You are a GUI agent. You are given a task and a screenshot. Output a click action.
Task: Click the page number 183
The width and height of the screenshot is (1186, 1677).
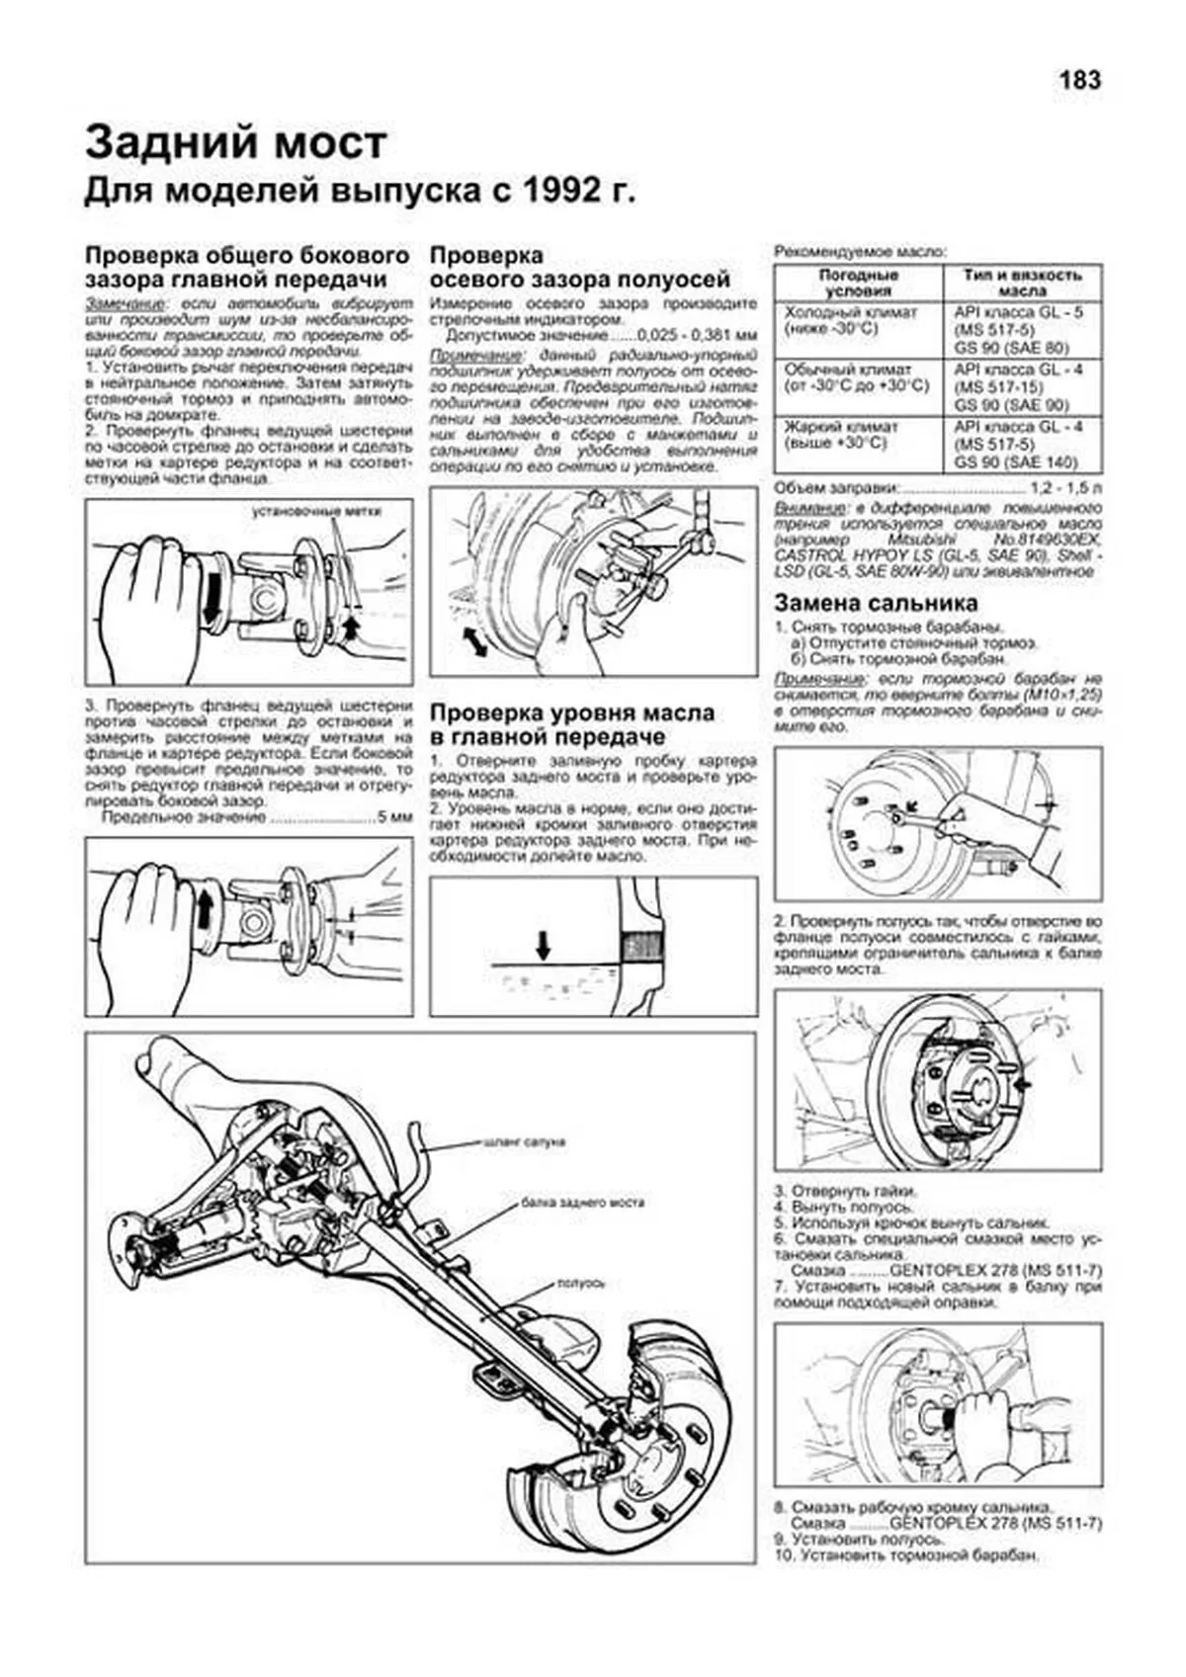click(x=1079, y=80)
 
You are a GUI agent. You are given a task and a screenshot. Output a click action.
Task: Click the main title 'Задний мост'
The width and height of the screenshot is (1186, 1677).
click(x=235, y=143)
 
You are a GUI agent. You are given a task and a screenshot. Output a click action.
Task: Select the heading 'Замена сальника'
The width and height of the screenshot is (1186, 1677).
click(x=876, y=603)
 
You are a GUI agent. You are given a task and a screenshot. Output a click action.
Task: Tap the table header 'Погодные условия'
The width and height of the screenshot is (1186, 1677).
click(x=858, y=283)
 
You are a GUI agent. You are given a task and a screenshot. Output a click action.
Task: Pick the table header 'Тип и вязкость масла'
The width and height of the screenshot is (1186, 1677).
click(x=1022, y=283)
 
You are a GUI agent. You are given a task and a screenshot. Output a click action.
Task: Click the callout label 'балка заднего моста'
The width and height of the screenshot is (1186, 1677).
click(x=583, y=1203)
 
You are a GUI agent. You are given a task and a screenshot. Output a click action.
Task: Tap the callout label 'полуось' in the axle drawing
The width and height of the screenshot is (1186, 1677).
click(x=581, y=1283)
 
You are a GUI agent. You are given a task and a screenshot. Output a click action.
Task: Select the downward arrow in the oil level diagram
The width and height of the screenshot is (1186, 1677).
click(x=543, y=945)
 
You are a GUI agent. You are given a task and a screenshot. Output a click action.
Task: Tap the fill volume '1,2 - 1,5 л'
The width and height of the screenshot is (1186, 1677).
click(x=1066, y=488)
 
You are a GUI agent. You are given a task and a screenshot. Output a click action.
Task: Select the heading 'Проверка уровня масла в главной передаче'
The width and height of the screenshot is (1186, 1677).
click(x=572, y=724)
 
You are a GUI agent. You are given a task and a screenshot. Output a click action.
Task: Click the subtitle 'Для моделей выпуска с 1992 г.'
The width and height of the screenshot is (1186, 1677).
click(x=360, y=192)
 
